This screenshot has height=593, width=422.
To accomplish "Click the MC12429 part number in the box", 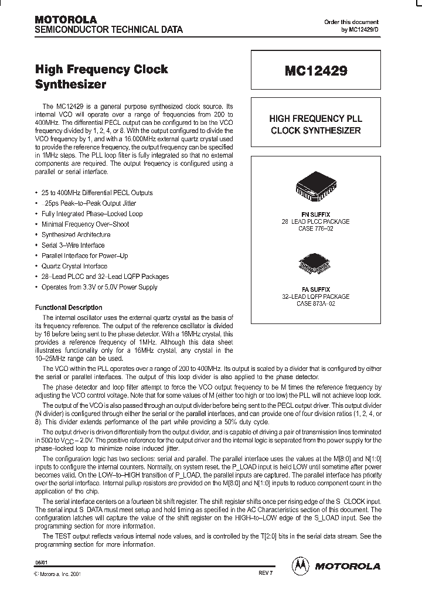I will click(x=316, y=71).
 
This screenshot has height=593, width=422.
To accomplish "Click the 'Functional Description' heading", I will click(x=69, y=308).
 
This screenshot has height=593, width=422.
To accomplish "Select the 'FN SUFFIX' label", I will click(x=315, y=214).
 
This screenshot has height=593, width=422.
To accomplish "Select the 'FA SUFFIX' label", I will click(x=315, y=289).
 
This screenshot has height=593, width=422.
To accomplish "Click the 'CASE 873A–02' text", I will click(x=315, y=304).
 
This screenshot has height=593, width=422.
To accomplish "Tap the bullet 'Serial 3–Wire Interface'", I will click(x=73, y=246).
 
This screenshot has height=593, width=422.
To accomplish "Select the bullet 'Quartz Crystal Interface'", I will click(x=74, y=266).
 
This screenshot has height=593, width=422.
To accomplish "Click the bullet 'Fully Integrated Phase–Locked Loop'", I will click(x=92, y=214).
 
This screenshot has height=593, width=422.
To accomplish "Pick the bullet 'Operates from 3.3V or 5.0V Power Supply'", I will click(x=99, y=287).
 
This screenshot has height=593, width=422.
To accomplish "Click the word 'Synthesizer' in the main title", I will click(x=71, y=84).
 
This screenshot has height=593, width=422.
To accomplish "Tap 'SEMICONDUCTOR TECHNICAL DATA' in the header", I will click(x=109, y=29).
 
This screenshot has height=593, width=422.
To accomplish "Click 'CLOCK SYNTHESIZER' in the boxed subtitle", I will click(x=316, y=130).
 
